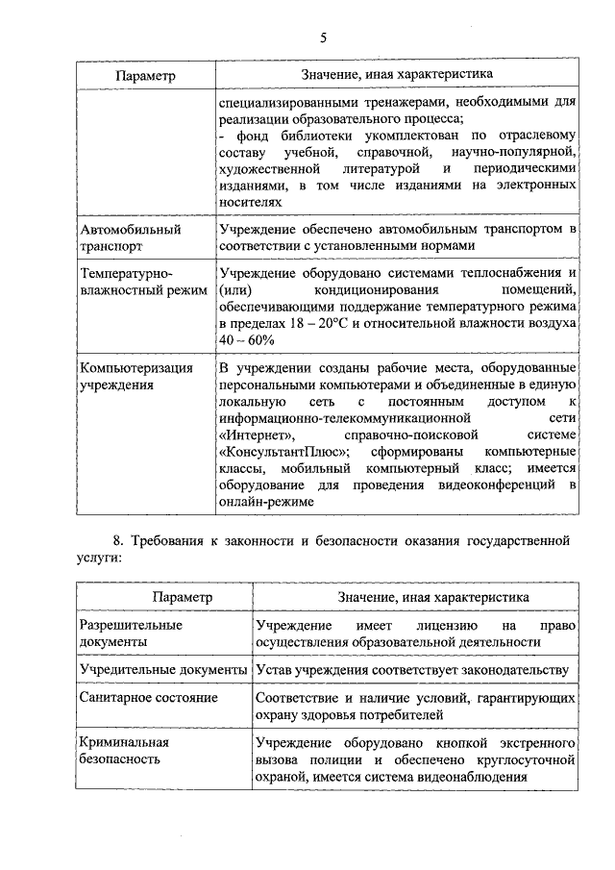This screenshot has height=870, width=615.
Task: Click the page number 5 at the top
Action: click(x=323, y=37)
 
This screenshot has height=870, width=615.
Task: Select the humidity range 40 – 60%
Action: click(x=247, y=339)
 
